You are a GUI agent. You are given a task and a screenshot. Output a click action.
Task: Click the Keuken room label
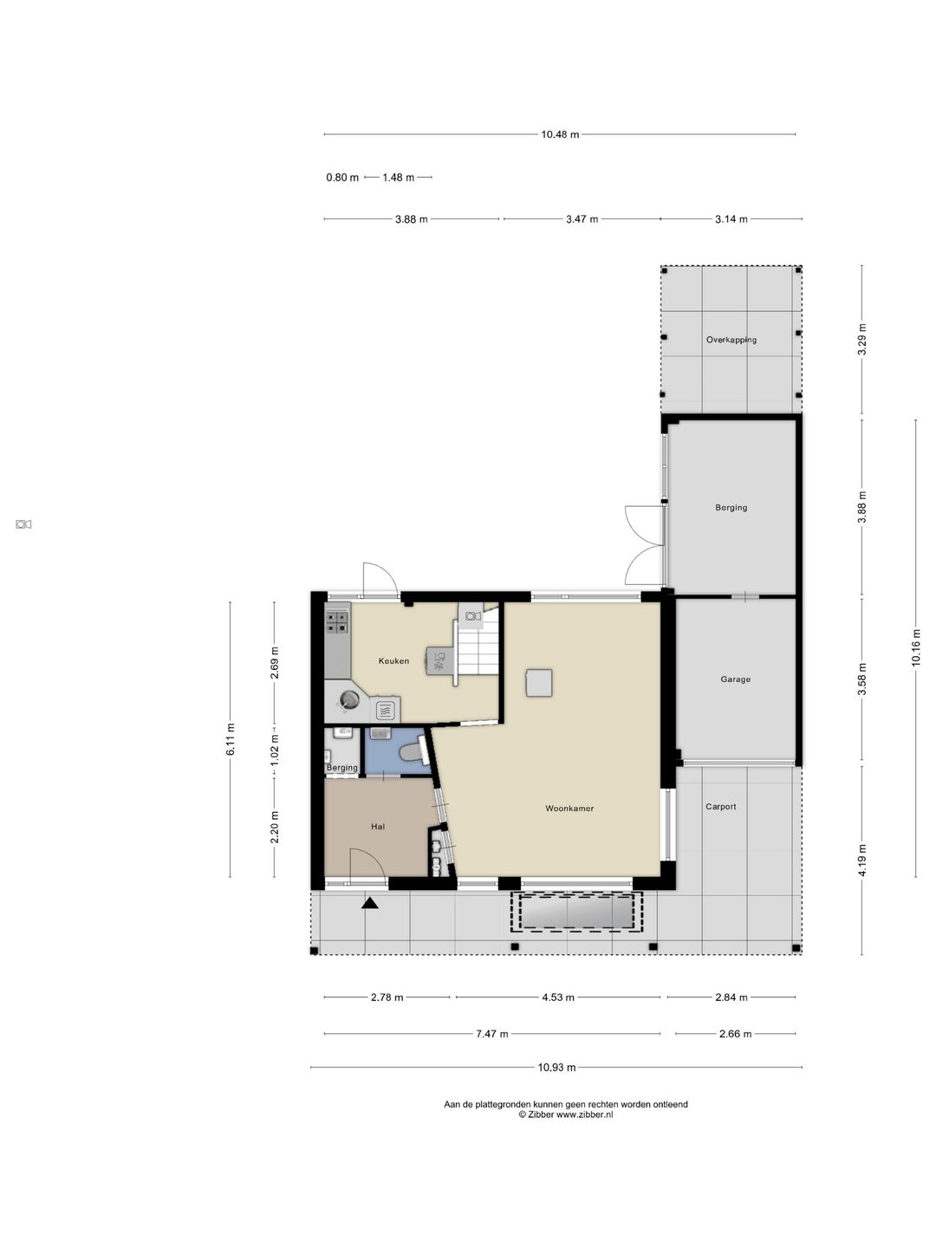click(x=393, y=660)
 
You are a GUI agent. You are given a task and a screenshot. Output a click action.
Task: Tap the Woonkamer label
click(x=569, y=808)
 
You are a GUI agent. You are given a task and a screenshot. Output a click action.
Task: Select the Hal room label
click(x=377, y=827)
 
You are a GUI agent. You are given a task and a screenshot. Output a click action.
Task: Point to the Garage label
click(x=736, y=679)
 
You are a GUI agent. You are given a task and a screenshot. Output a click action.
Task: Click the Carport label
click(x=720, y=806)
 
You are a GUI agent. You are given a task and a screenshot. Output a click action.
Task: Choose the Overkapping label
click(x=731, y=340)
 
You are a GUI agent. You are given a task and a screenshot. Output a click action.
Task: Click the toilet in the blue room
click(x=413, y=752)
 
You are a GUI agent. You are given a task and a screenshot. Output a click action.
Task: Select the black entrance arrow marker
click(x=370, y=902)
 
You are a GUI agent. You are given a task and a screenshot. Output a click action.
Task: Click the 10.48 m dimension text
click(x=560, y=134)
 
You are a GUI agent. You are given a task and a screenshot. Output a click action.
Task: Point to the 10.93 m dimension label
click(x=556, y=1067)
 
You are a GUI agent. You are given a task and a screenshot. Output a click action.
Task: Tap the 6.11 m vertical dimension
click(x=231, y=739)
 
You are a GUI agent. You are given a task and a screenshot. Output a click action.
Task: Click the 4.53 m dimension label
click(x=557, y=997)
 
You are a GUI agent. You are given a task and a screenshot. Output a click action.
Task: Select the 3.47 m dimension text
click(x=582, y=219)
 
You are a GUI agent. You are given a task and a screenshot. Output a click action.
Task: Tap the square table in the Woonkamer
click(x=539, y=683)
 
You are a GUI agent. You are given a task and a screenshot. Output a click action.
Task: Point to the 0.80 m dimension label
click(x=342, y=178)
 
